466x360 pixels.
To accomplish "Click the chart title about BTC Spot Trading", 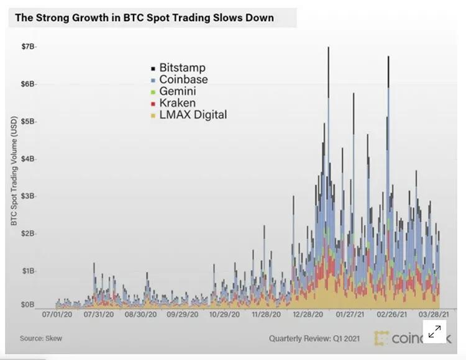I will coord(144,17).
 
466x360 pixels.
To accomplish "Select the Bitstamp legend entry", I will coord(181,67).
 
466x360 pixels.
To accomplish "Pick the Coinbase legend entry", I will coord(183,79).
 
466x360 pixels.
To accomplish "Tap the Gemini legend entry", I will coord(178,91).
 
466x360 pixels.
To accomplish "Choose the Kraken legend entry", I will coord(177,103).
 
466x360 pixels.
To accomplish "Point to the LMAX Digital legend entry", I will coord(193,115).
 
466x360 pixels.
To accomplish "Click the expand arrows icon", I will coord(435,331).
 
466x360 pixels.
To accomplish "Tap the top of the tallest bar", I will coord(328,48).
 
